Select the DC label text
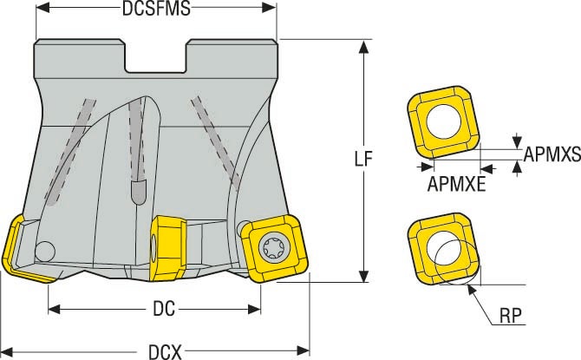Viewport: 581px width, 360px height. tap(153, 307)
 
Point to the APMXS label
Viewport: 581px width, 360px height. tap(552, 155)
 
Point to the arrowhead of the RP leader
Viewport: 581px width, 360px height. tap(473, 290)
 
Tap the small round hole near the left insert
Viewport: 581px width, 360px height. tap(45, 251)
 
